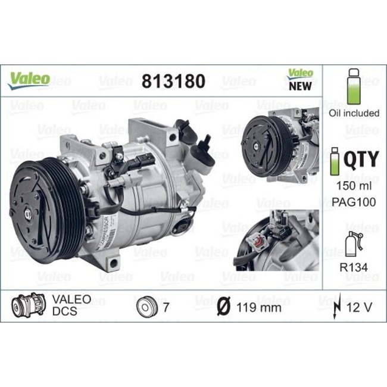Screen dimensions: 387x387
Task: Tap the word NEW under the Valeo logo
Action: (x=301, y=86)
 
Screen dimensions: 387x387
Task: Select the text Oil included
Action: (x=354, y=113)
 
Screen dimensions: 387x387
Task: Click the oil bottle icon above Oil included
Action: (x=354, y=86)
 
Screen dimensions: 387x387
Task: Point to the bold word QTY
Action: (x=362, y=159)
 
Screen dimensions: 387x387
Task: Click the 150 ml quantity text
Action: (x=354, y=187)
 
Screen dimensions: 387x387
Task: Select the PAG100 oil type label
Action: (x=354, y=202)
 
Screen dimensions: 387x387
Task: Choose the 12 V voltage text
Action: (x=359, y=308)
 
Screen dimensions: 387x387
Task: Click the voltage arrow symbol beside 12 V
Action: (x=338, y=308)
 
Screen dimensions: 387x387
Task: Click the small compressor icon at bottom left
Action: (x=27, y=306)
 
